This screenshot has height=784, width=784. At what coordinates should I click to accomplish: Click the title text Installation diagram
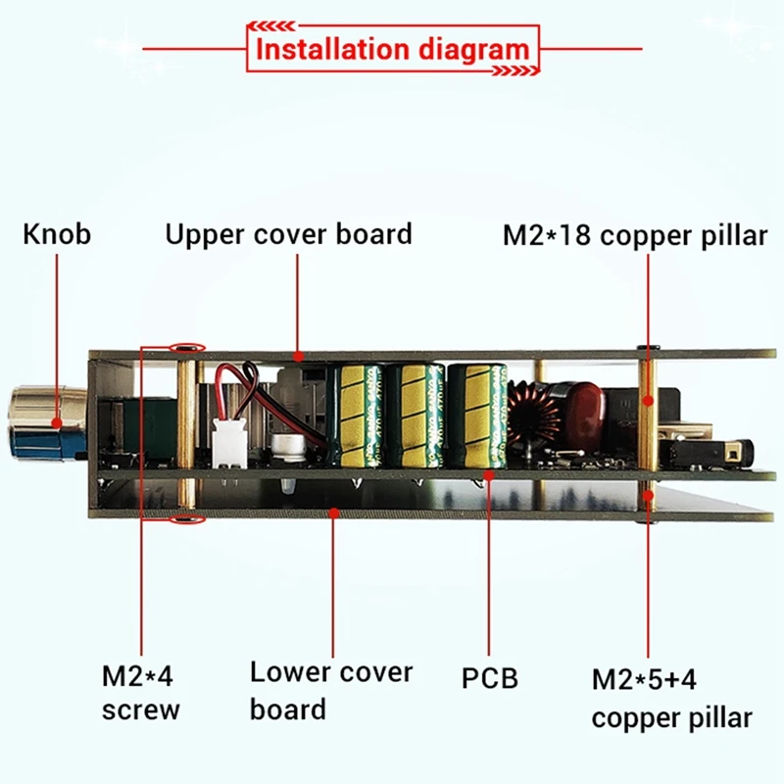(392, 48)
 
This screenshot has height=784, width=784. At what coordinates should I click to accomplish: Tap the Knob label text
(57, 235)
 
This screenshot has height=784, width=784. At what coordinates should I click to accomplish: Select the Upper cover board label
(288, 235)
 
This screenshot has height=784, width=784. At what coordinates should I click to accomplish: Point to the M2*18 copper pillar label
(635, 236)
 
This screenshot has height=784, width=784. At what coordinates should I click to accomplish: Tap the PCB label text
(489, 677)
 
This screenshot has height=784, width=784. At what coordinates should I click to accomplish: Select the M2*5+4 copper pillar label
(671, 697)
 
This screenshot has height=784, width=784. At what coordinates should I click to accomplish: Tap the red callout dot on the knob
(57, 424)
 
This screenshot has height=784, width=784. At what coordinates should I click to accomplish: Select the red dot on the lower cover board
(333, 509)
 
